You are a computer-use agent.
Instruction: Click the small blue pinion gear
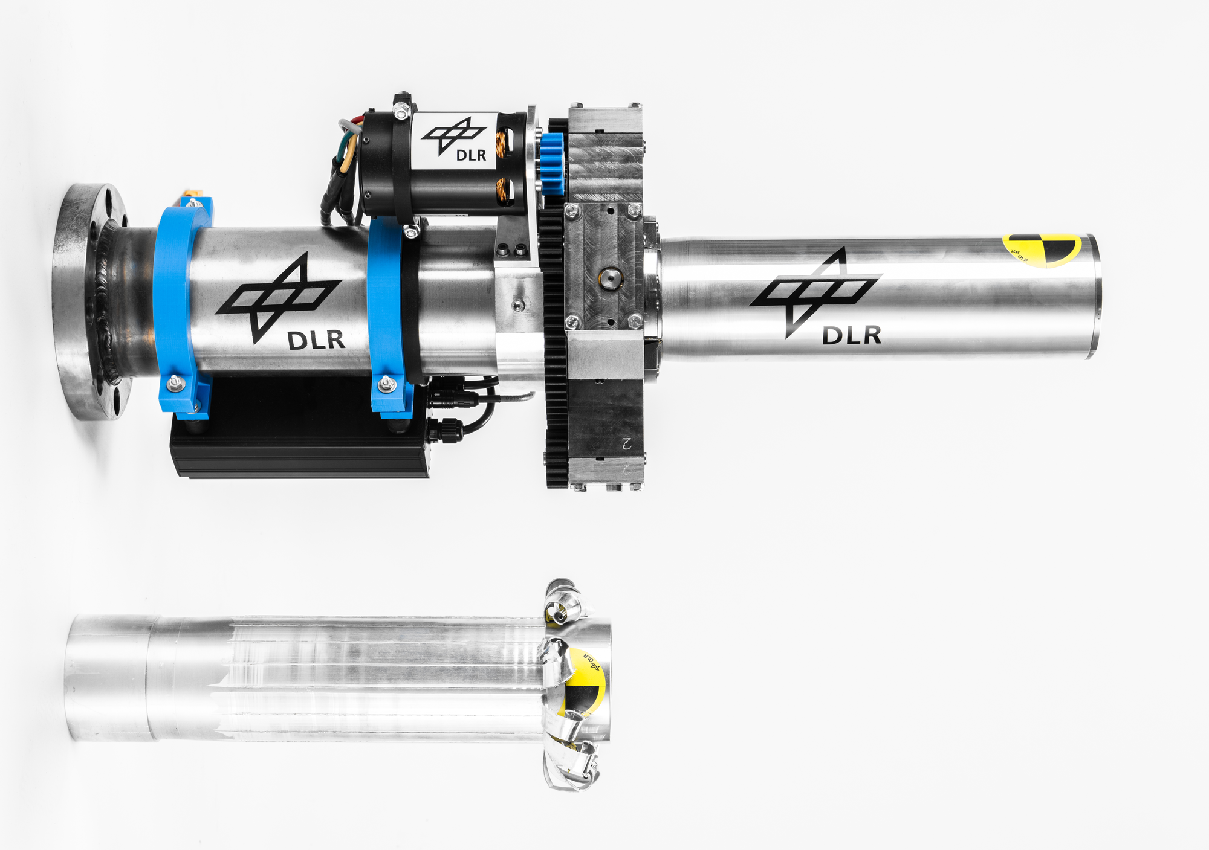tap(552, 164)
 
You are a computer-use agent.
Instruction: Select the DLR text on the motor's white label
tap(471, 155)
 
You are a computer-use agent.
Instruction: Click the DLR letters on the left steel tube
tap(316, 340)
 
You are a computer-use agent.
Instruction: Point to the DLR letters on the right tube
tap(851, 335)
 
